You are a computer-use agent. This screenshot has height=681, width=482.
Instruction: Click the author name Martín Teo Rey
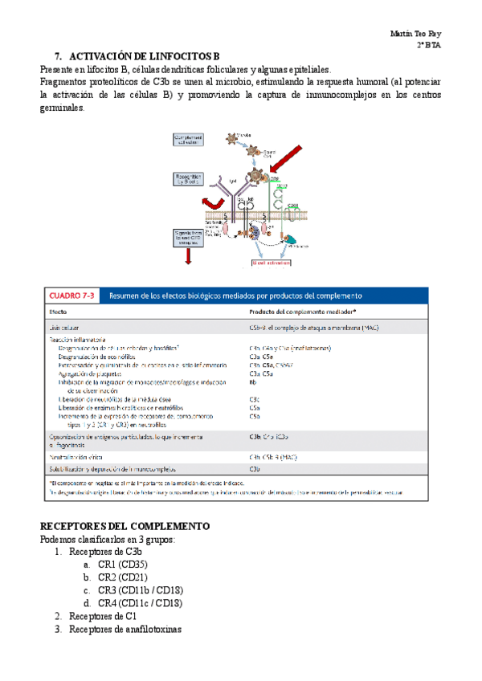(418, 35)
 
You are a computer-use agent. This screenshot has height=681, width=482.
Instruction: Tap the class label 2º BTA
(430, 46)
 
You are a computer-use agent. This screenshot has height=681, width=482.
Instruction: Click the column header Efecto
(59, 311)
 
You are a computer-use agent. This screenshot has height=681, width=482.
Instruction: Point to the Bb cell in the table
(254, 382)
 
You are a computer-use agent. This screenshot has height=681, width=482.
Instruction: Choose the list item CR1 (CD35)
(123, 565)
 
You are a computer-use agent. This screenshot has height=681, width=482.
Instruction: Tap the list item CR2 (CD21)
(123, 577)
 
